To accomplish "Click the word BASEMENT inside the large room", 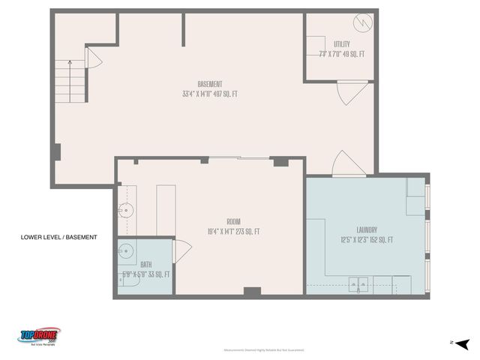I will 209,84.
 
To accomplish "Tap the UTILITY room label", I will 341,44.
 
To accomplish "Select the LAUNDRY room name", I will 367,230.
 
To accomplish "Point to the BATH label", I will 146,264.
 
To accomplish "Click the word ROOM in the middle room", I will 233,222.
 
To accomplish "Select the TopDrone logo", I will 39,335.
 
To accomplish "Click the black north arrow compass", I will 462,343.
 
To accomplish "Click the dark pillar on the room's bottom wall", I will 252,291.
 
